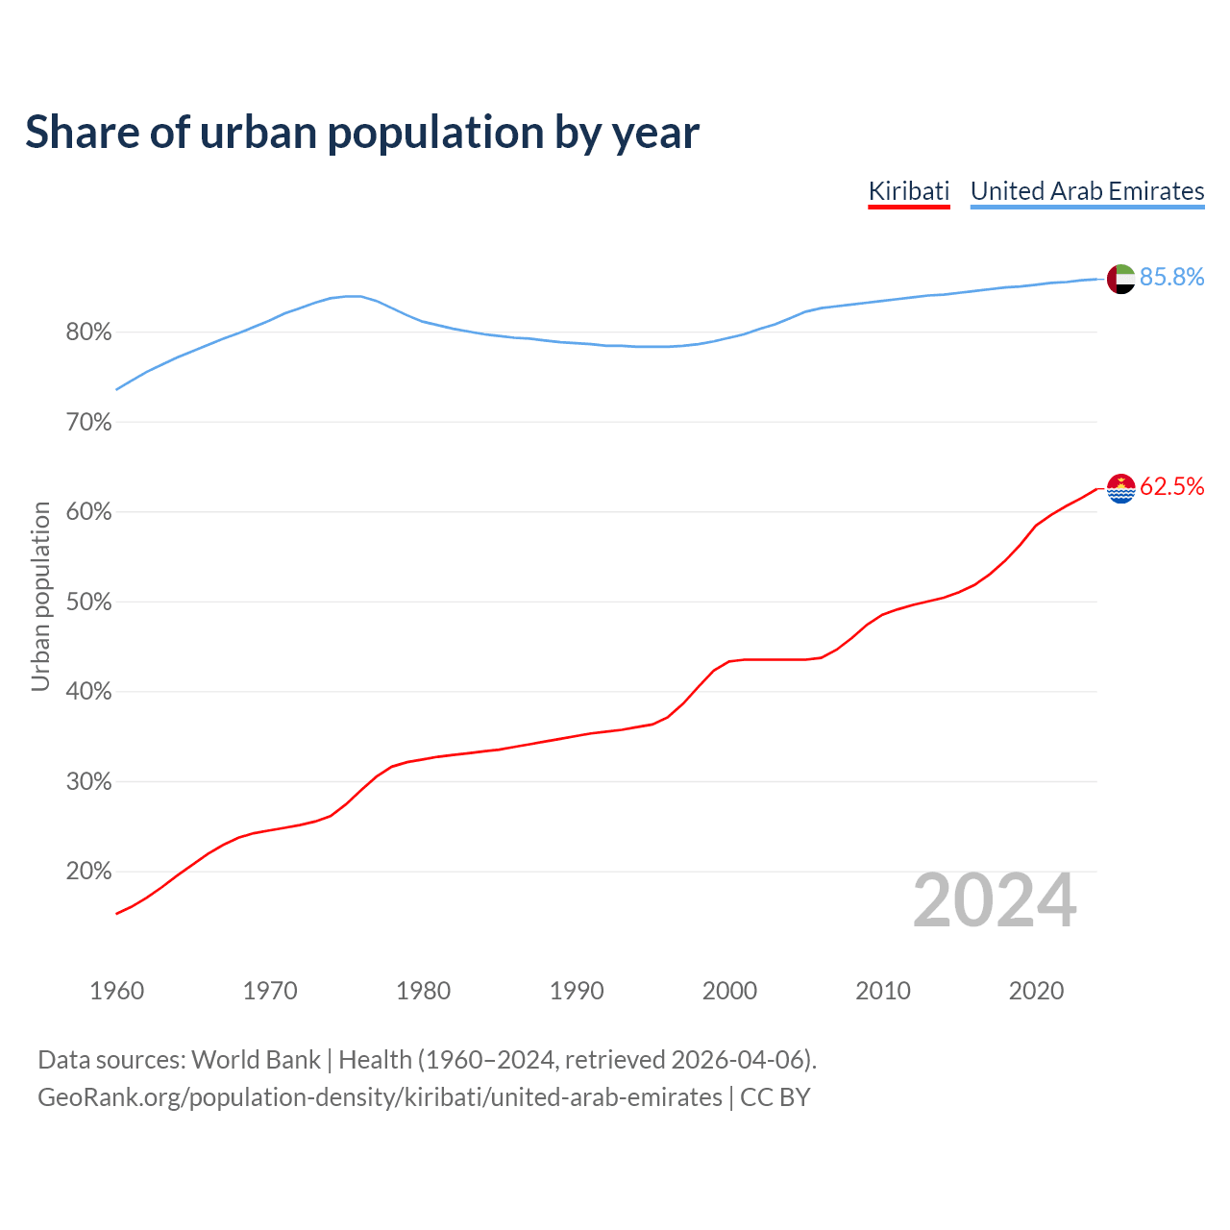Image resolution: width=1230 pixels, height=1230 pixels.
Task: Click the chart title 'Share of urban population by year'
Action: point(362,133)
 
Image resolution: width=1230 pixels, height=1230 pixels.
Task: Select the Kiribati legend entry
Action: point(908,191)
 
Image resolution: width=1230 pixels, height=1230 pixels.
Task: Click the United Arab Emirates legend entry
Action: point(1087,191)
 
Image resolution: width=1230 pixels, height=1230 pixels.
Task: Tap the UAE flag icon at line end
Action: point(1121,279)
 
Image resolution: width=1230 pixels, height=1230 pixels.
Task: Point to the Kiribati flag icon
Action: point(1121,488)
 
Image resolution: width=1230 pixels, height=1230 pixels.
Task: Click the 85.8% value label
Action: point(1171,278)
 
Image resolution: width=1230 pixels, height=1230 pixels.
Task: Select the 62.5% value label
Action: point(1171,487)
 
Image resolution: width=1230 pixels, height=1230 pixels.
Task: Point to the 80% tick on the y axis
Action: point(89,332)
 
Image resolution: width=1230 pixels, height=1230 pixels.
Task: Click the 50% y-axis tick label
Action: point(89,603)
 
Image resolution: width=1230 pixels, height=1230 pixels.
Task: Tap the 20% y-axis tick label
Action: point(89,872)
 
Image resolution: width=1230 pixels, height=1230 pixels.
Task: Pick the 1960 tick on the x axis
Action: point(116,991)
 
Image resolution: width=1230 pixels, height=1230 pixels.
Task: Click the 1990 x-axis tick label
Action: point(577,991)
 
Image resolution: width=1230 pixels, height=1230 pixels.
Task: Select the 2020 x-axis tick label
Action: point(1036,991)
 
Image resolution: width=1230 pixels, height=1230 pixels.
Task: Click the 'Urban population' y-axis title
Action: point(40,596)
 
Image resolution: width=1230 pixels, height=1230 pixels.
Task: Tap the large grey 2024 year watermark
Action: point(995,901)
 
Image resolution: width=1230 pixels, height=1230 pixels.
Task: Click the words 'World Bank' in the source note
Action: point(256,1060)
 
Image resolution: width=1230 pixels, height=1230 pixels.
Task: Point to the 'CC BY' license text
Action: point(775,1097)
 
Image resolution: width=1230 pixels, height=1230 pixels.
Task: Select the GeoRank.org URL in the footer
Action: point(380,1097)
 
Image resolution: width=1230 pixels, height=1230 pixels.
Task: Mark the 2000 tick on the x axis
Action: point(729,991)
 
